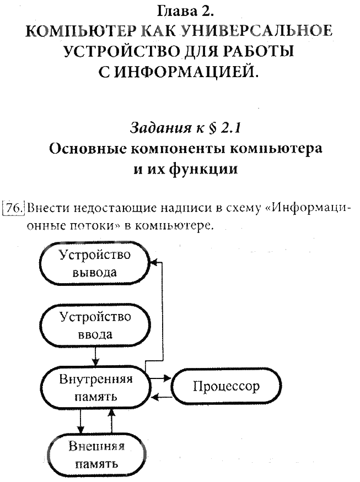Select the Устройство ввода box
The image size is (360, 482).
[x=95, y=326]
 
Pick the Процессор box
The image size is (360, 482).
[x=226, y=387]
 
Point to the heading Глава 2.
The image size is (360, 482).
[x=180, y=11]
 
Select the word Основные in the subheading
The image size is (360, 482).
[x=87, y=149]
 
